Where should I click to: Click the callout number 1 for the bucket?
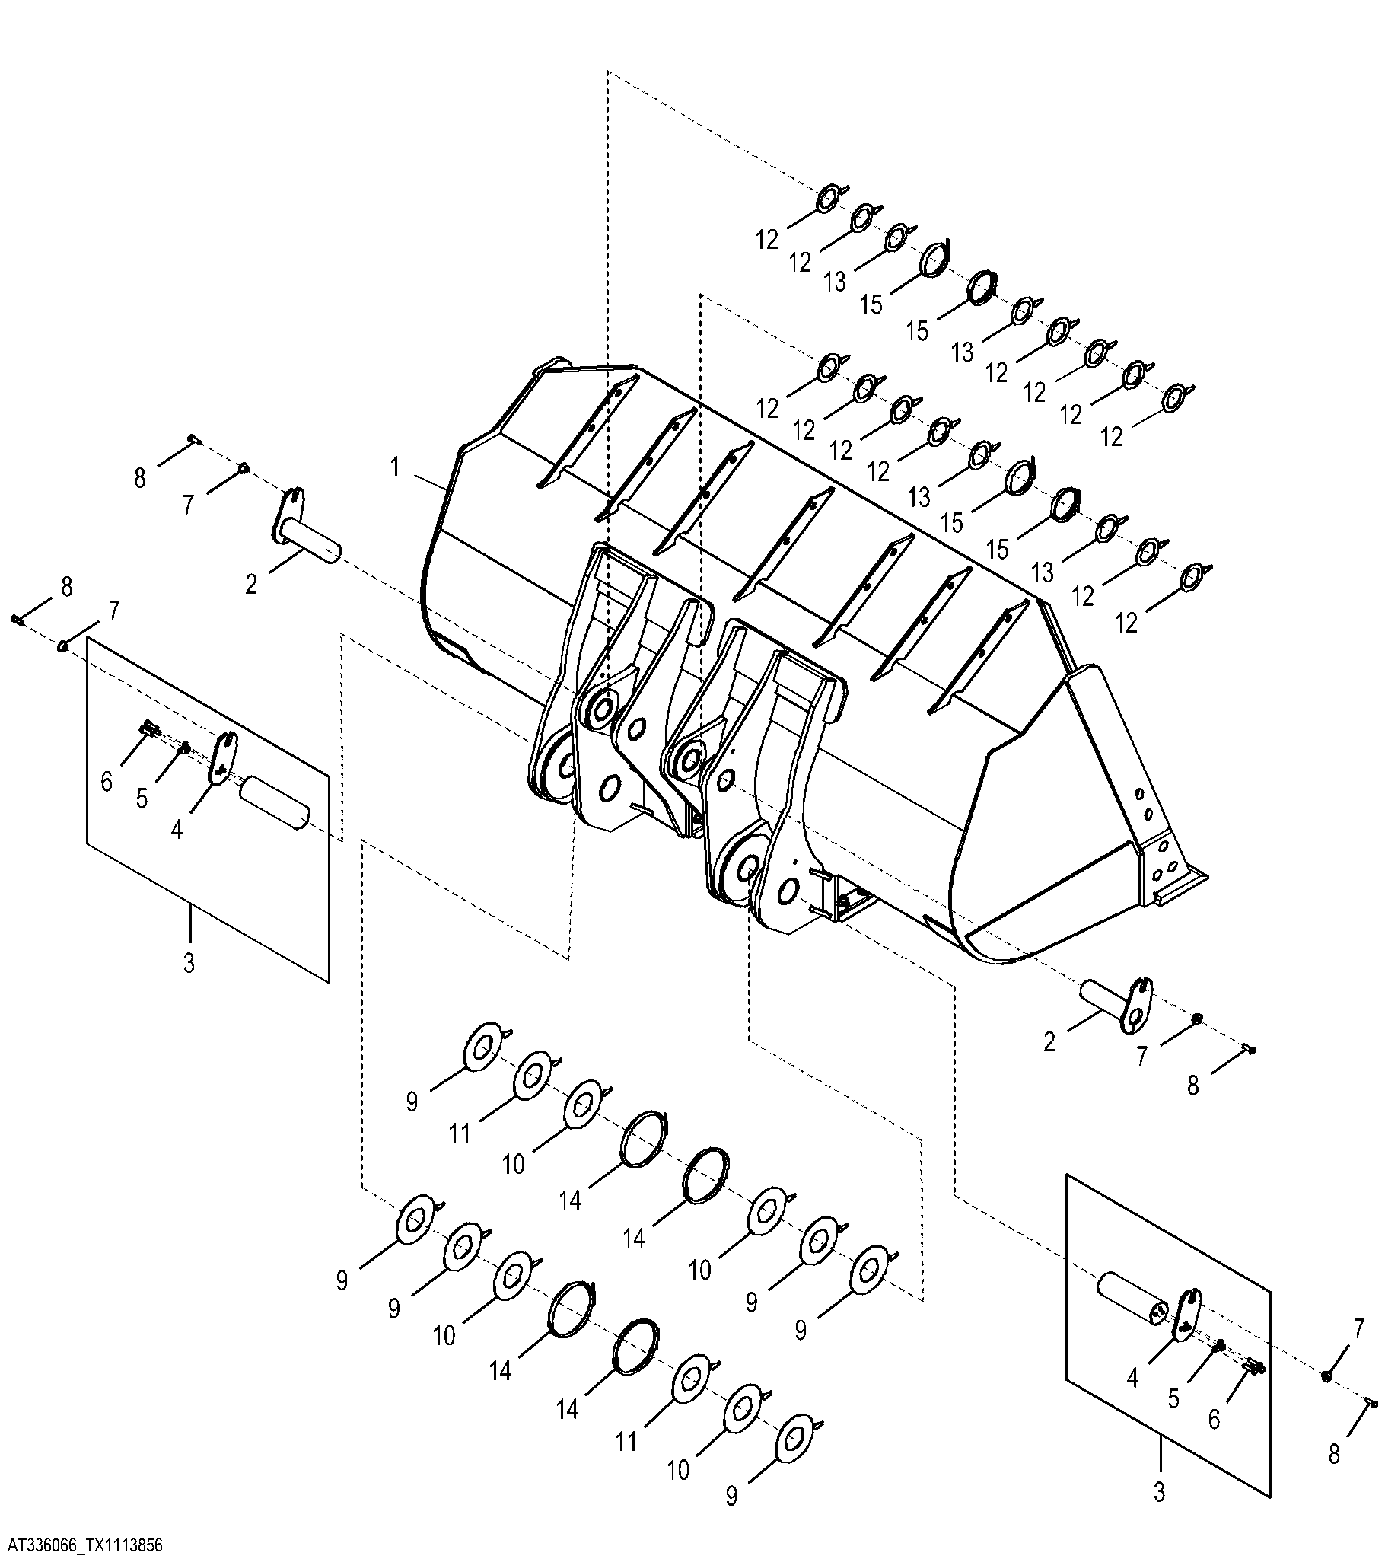coord(395,467)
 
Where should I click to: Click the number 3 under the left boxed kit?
coord(189,962)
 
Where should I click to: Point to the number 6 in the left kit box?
coord(107,780)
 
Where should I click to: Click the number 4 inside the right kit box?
coord(1132,1378)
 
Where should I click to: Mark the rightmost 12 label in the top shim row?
coord(1112,437)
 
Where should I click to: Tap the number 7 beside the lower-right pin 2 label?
coord(1141,1057)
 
